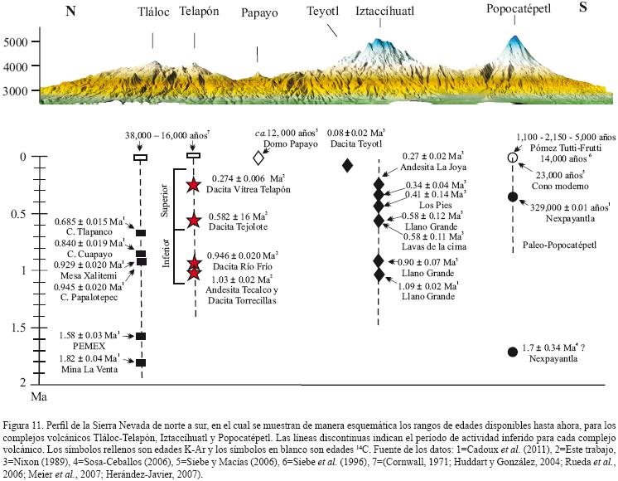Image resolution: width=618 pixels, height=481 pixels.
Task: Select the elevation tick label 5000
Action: coord(17,41)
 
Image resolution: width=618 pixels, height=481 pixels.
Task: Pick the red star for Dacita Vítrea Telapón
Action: coord(194,185)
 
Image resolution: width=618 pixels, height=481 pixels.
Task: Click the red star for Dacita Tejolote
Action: coord(194,220)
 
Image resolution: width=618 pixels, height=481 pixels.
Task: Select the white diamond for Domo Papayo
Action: coord(258,157)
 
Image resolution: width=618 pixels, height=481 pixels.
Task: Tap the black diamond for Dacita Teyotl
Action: coord(348,164)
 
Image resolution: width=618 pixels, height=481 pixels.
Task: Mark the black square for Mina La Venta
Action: coord(141,362)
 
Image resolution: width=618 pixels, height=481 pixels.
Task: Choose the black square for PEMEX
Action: coord(141,336)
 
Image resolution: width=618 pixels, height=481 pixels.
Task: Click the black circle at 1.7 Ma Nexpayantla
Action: coord(512,352)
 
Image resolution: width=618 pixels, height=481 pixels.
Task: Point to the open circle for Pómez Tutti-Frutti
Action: coord(512,157)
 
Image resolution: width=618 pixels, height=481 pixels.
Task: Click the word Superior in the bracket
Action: coord(163,201)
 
